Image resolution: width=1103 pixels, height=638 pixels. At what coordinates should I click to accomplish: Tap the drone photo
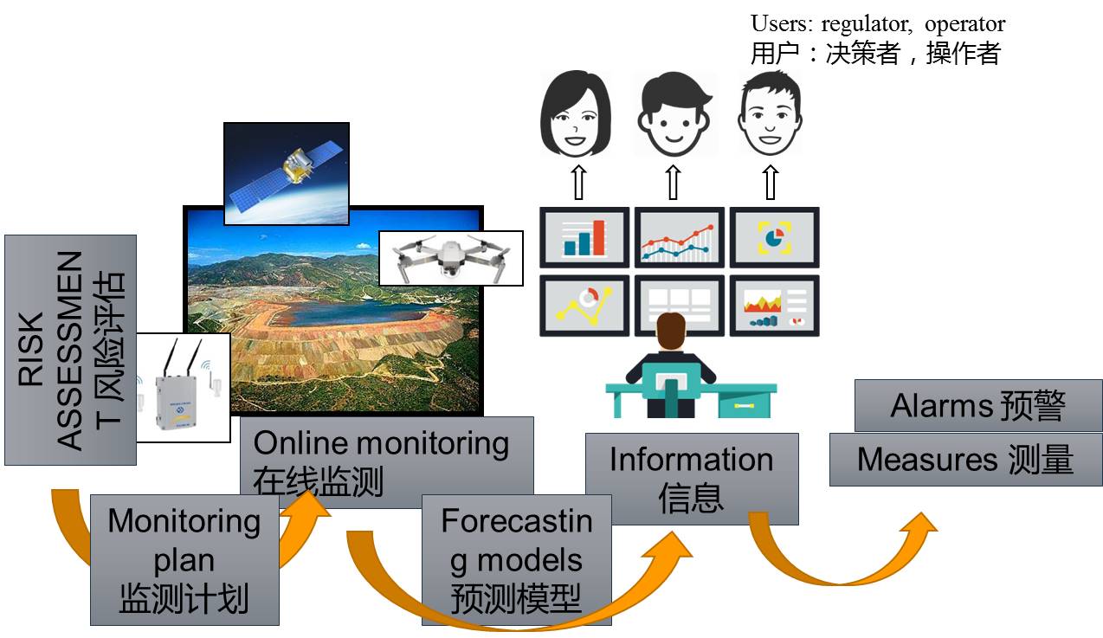[450, 257]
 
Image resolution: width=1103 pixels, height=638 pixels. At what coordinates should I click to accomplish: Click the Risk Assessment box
[70, 350]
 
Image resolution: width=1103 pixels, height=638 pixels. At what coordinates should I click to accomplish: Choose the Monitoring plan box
[184, 559]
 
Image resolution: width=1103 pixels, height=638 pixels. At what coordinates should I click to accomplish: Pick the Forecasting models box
[516, 559]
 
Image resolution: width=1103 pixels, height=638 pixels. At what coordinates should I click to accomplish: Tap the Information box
[691, 479]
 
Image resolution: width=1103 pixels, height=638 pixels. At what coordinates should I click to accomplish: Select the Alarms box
[977, 405]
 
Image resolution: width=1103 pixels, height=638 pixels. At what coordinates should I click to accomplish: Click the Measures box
[965, 460]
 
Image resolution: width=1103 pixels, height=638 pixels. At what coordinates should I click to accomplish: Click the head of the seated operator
[671, 332]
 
